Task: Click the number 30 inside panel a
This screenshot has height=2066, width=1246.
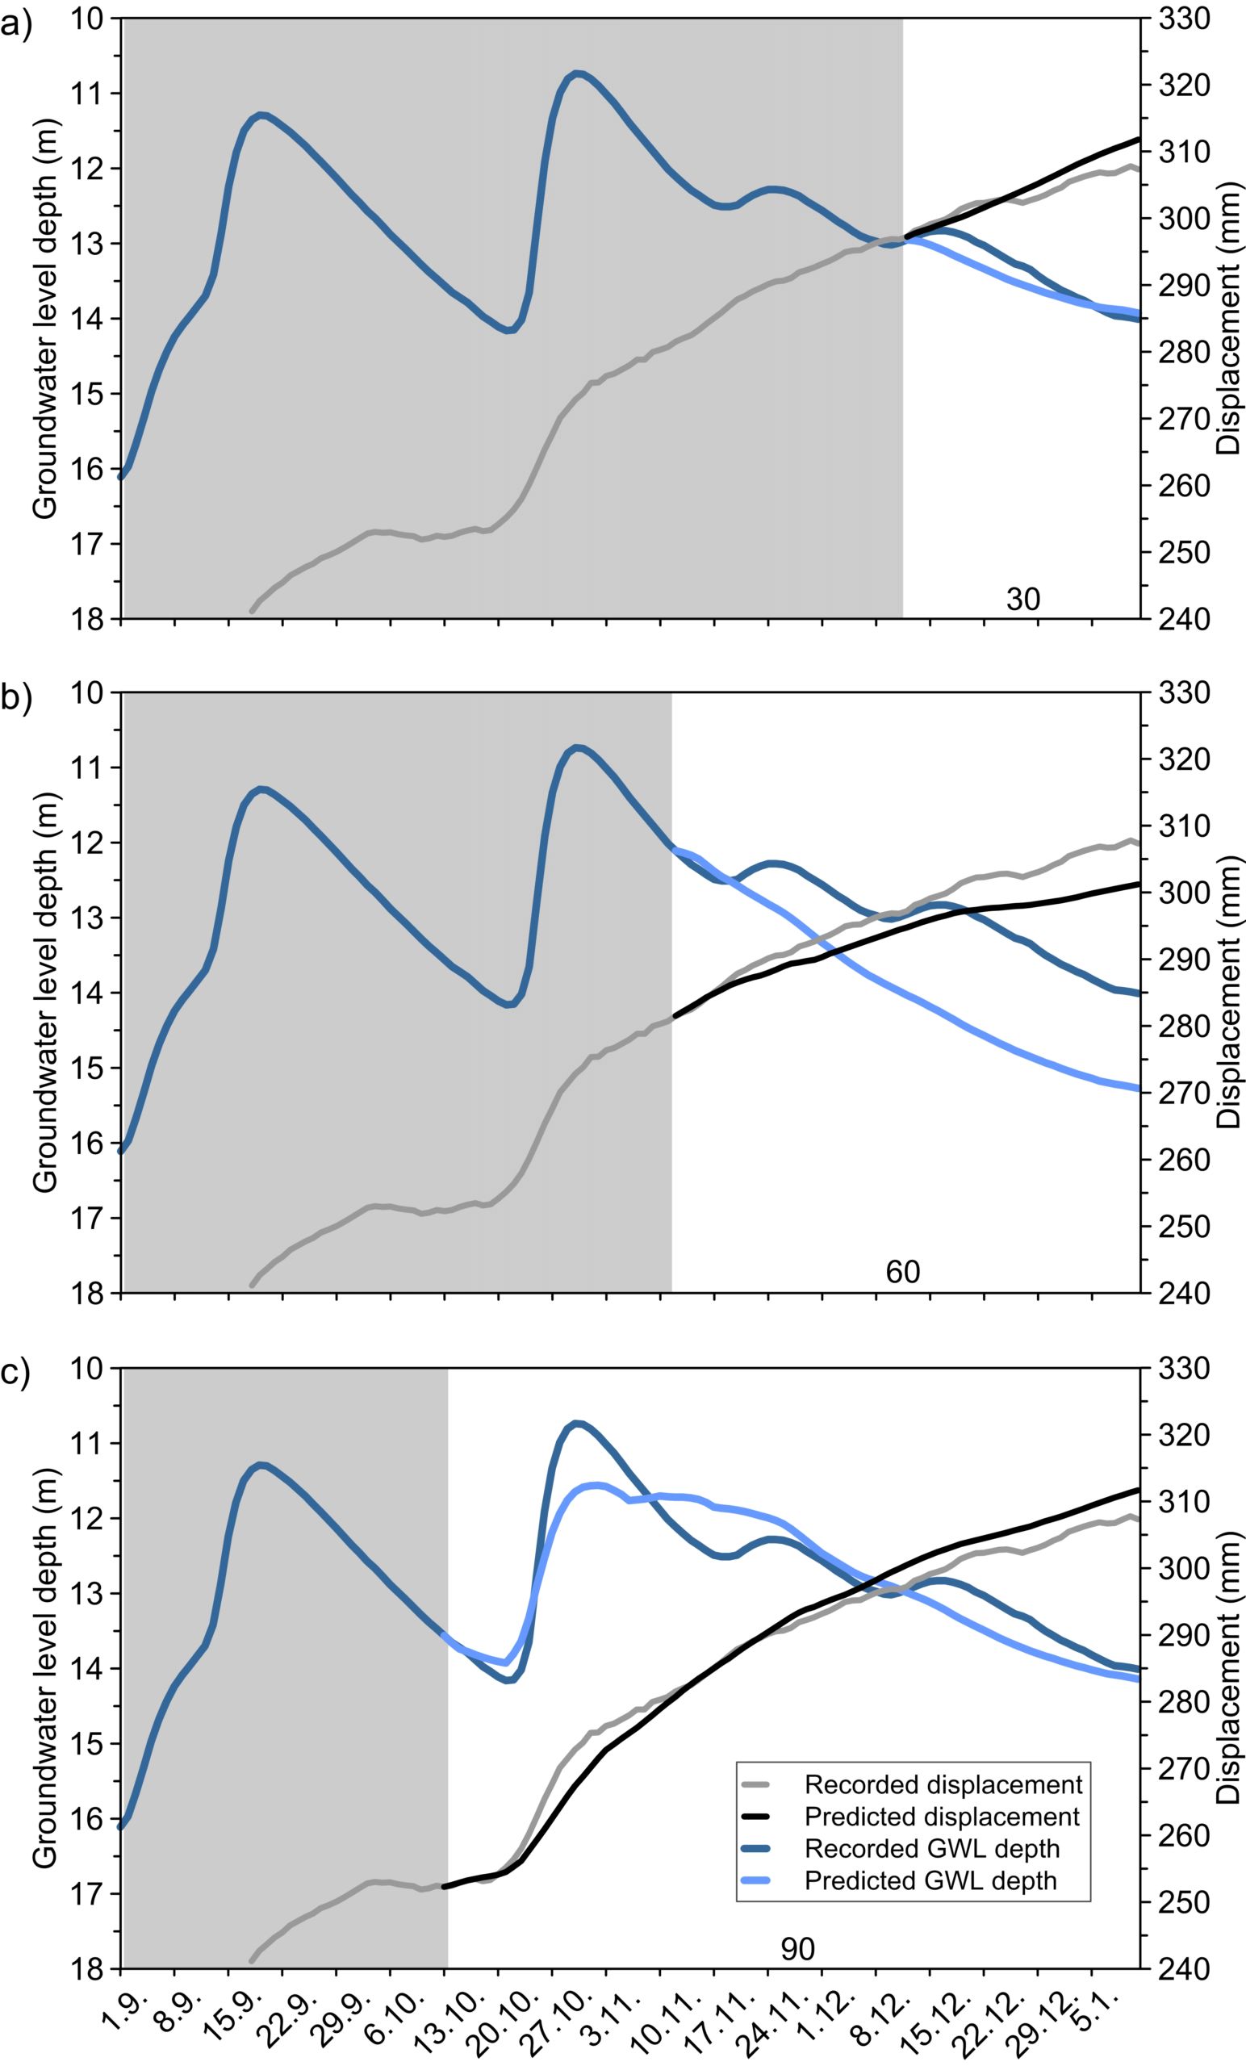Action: click(x=1022, y=600)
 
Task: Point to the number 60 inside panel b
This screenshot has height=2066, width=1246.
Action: click(x=902, y=1273)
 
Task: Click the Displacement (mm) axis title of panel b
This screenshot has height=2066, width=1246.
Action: click(x=1227, y=992)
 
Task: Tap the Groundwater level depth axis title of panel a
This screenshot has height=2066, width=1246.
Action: click(x=45, y=319)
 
